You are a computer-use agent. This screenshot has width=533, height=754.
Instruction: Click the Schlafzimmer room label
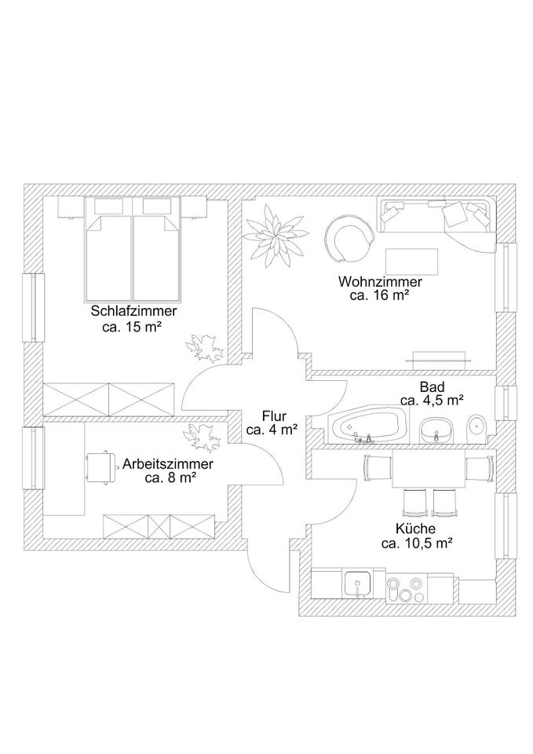[x=133, y=311]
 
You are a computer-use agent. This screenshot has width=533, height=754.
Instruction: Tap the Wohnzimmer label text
[x=381, y=281]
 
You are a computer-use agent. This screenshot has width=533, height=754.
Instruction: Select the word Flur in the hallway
[x=273, y=415]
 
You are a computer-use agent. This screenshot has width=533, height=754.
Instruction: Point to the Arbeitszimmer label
[x=168, y=463]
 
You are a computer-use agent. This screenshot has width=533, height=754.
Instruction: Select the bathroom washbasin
[x=436, y=430]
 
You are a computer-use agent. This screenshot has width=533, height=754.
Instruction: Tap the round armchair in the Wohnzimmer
[x=347, y=239]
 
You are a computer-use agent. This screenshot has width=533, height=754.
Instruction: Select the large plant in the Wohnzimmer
[x=273, y=233]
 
